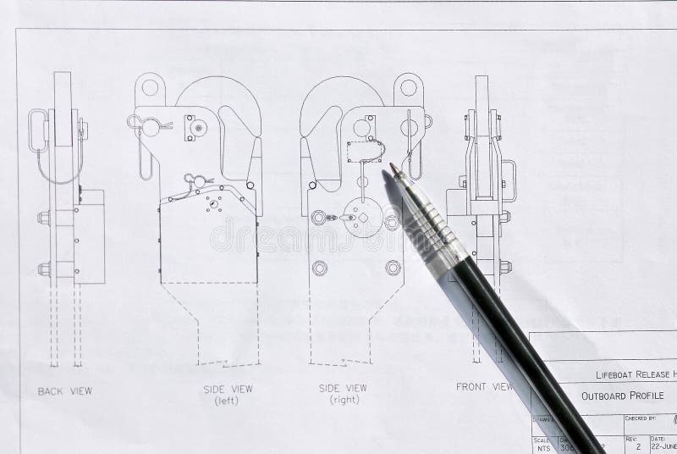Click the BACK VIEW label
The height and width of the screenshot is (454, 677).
tap(65, 390)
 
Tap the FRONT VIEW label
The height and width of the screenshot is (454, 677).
tap(485, 387)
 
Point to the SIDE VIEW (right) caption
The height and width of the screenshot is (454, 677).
tap(343, 392)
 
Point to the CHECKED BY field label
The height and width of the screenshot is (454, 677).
tap(641, 418)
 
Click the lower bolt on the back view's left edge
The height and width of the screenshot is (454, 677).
tap(44, 269)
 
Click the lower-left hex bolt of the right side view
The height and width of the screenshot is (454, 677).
tap(319, 268)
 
